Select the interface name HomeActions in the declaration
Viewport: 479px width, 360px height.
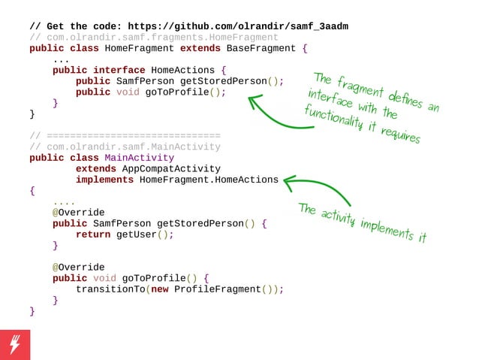tap(183, 71)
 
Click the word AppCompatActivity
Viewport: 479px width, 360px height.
tap(171, 169)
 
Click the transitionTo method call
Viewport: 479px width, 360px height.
tap(110, 289)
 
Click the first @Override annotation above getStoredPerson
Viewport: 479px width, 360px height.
tap(78, 213)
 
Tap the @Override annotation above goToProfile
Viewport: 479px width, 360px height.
tap(78, 268)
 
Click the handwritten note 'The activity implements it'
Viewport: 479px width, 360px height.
tap(362, 222)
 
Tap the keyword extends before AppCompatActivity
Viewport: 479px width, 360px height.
tap(96, 169)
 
